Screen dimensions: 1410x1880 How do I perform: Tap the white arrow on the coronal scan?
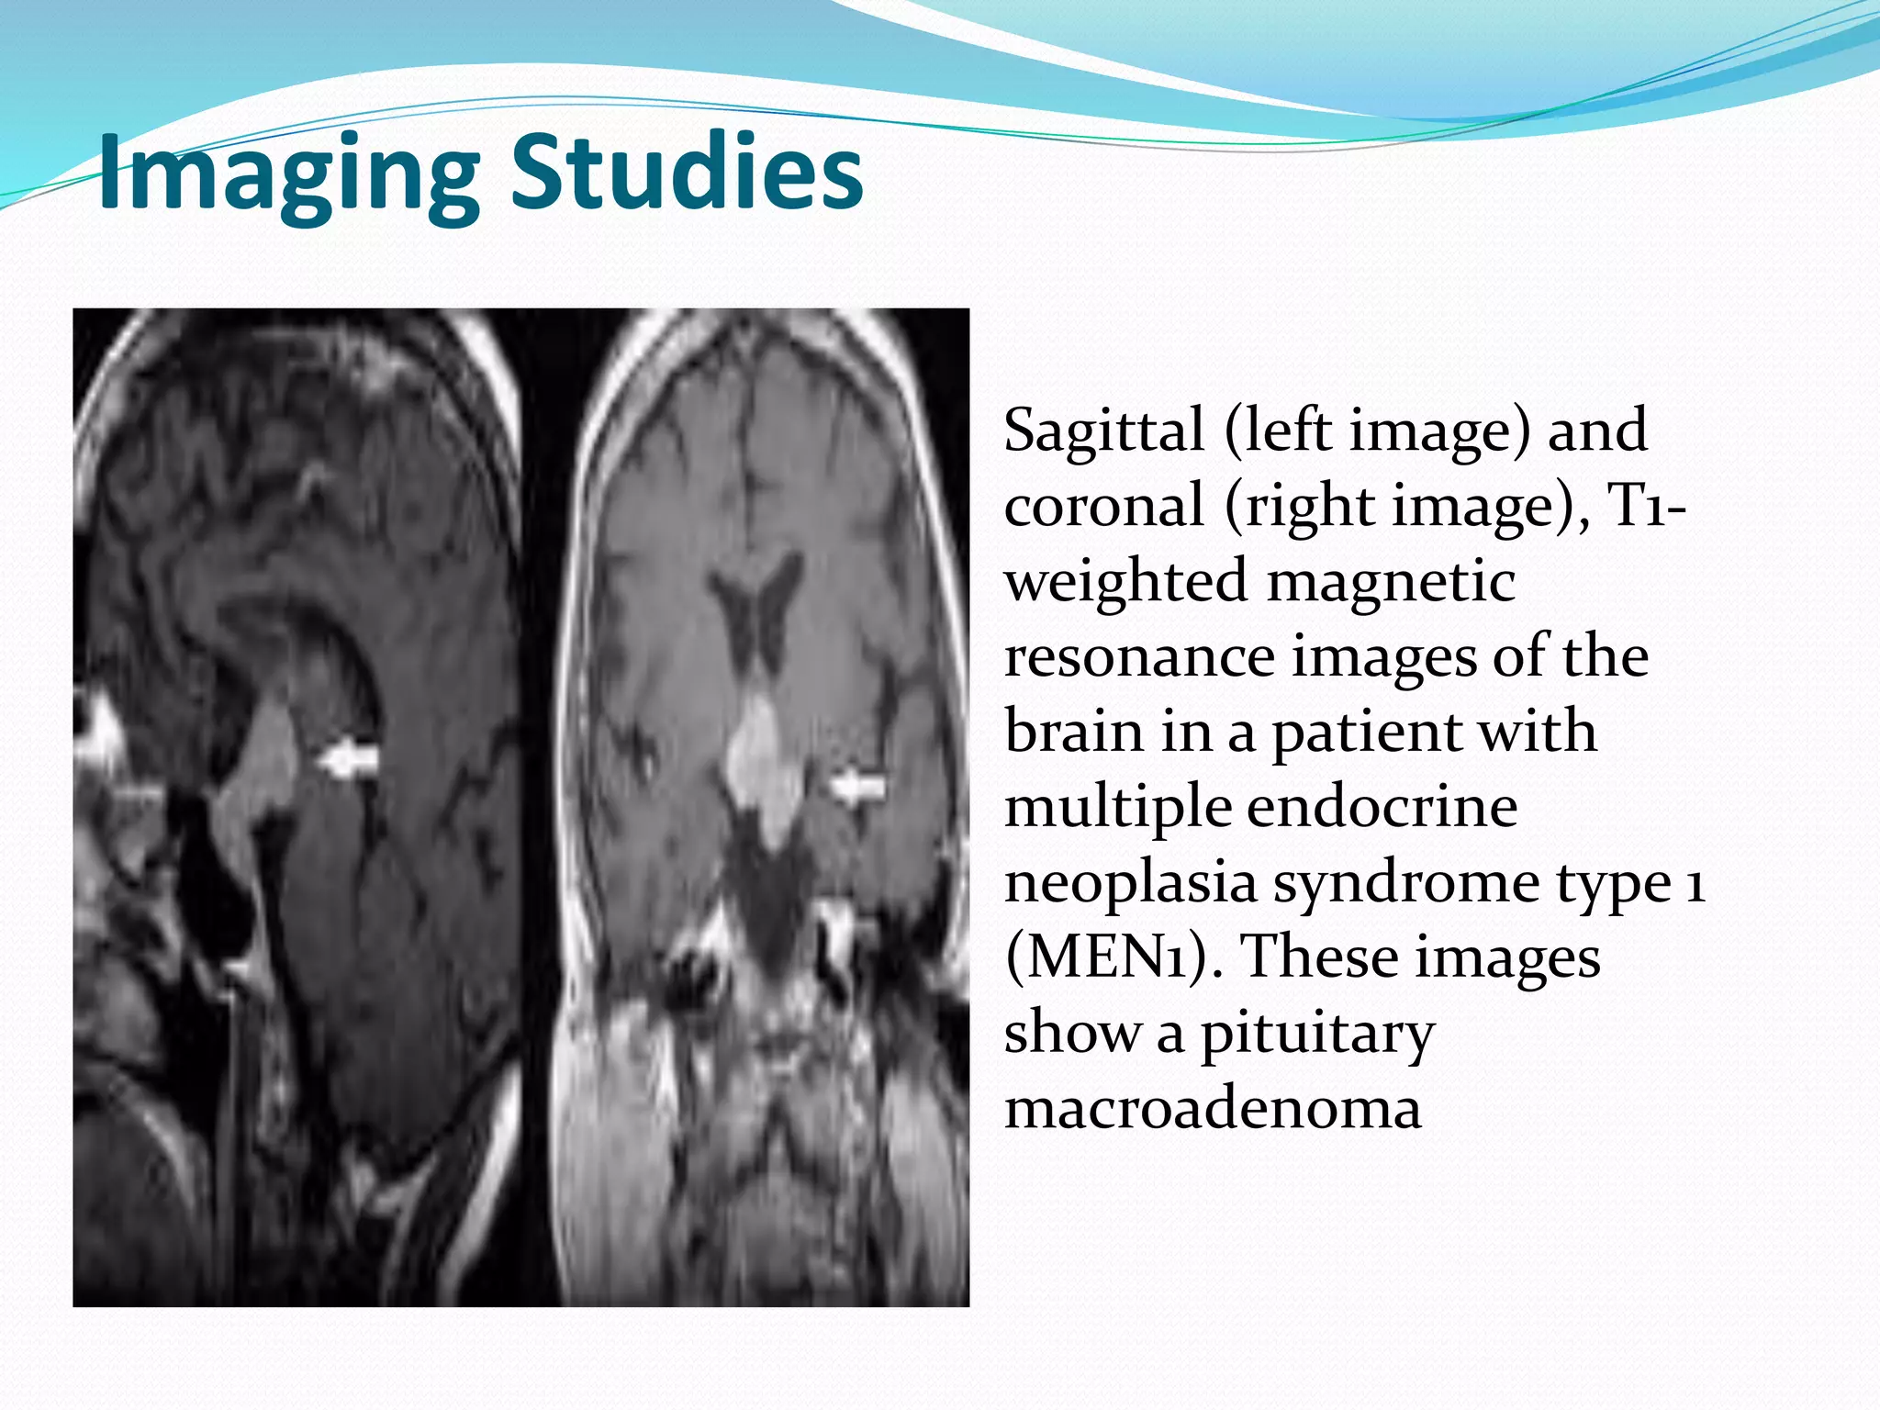[x=857, y=788]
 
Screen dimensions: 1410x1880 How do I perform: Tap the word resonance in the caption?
[x=1139, y=657]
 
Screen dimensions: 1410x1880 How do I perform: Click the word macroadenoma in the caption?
[x=1213, y=1109]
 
